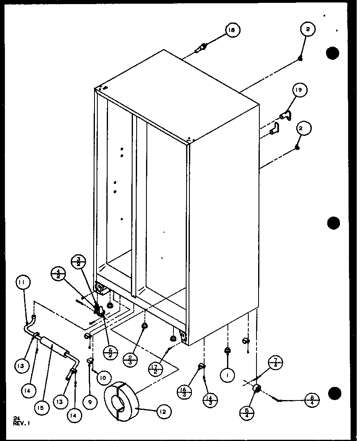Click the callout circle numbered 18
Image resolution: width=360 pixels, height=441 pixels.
coord(232,30)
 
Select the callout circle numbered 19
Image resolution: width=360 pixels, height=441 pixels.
coord(299,90)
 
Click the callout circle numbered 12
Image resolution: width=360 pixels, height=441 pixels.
coord(163,411)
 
